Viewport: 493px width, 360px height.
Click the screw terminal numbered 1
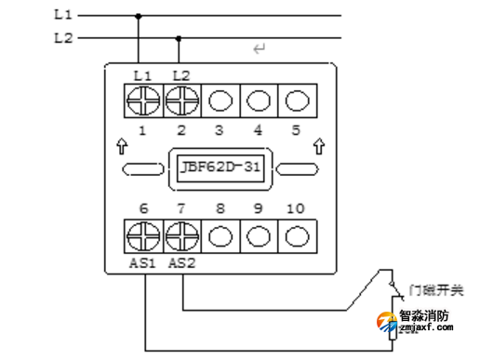point(142,99)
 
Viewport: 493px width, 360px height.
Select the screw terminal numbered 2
point(180,99)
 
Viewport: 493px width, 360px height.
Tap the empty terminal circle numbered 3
point(220,99)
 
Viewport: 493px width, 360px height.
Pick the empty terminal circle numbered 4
point(258,99)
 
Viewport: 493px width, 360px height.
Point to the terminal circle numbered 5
point(296,99)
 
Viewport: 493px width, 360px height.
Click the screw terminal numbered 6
point(142,233)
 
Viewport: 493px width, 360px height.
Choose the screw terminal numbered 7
point(180,233)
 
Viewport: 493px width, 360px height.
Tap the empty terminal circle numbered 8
point(220,233)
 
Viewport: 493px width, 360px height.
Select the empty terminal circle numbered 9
point(258,233)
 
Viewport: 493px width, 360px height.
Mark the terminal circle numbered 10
point(296,233)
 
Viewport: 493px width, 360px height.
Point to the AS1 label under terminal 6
point(142,263)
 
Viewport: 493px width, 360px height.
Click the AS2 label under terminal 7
point(181,263)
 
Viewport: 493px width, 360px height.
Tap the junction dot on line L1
point(140,16)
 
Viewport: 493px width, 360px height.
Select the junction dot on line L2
point(179,38)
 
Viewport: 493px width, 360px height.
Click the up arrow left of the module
point(121,146)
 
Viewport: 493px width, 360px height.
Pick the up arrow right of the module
point(319,146)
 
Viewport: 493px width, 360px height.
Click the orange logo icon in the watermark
point(383,322)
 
